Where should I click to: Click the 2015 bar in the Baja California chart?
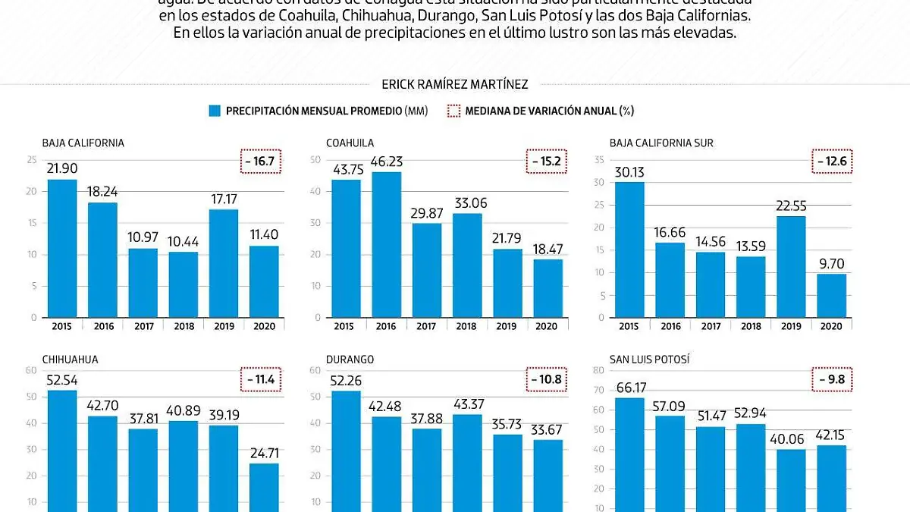[62, 248]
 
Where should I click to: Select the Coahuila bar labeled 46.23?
[386, 244]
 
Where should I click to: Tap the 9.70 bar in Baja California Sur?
[831, 295]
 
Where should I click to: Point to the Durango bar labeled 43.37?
[467, 462]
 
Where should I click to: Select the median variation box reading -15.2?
[546, 162]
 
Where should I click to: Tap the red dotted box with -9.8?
[832, 379]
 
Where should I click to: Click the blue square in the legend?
[215, 112]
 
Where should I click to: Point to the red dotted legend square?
[453, 112]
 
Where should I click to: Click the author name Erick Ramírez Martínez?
[455, 85]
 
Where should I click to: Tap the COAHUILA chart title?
[350, 143]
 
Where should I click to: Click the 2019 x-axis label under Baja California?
[224, 326]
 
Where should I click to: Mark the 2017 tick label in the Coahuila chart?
[426, 326]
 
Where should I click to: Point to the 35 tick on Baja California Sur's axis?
[600, 160]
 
